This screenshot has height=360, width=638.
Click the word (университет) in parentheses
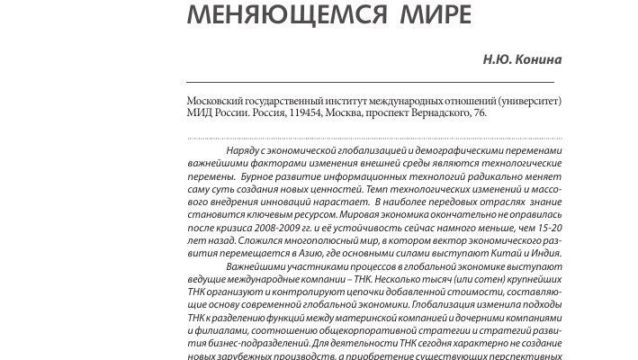(x=518, y=101)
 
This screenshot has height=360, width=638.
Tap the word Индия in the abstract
(x=546, y=255)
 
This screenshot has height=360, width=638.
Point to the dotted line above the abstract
(x=373, y=139)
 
